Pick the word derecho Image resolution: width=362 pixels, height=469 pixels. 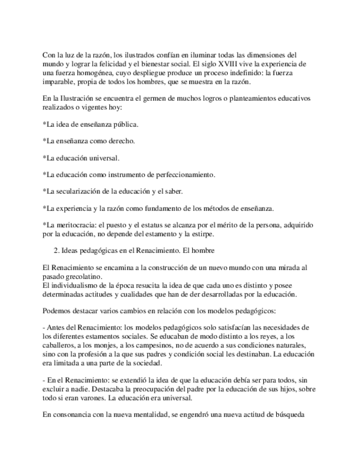click(x=122, y=141)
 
